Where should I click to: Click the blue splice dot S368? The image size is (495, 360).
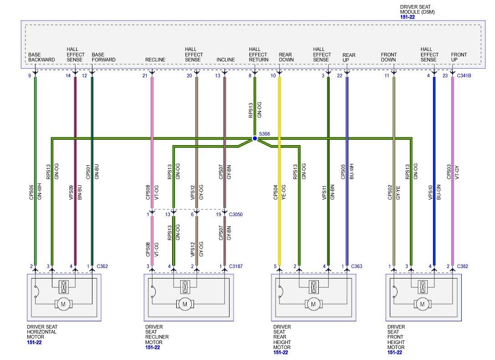coord(255,138)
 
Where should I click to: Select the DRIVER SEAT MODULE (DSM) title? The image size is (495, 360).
coord(417,10)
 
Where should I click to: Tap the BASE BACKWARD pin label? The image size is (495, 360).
coord(41,57)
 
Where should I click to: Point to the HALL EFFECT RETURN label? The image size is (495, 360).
coord(258,55)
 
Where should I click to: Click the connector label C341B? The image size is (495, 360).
coord(464,76)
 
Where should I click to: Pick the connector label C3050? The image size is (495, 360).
coord(236,214)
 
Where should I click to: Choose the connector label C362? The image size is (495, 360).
coord(102,266)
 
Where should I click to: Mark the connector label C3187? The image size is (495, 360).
coord(236,266)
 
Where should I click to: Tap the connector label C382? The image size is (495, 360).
coord(462,266)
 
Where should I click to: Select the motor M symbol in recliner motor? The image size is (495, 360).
coord(184,304)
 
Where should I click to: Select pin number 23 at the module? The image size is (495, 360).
coord(445,76)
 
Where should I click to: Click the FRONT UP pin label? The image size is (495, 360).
coord(459,57)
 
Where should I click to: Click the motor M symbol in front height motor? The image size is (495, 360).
coord(422,304)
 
